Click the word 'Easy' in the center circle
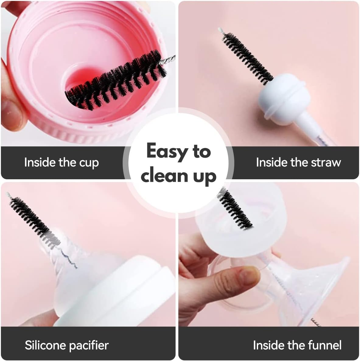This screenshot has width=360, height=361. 166,152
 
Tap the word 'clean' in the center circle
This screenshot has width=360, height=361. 164,176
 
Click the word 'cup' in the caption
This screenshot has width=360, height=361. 89,163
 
